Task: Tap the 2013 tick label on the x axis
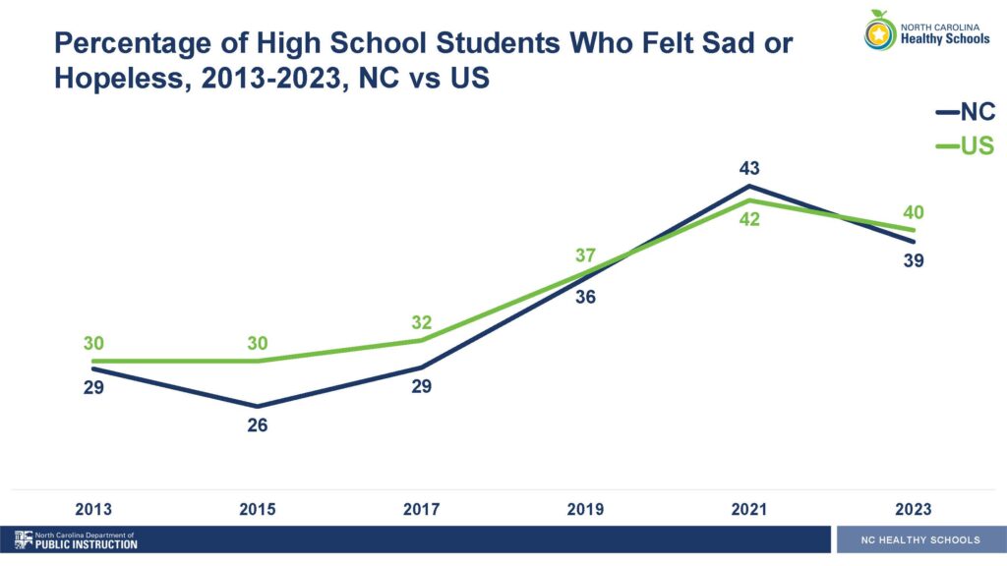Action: [93, 509]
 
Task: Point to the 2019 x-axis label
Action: [586, 509]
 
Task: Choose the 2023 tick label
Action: [914, 509]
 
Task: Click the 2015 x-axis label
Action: [258, 509]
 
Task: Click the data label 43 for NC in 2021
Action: [750, 167]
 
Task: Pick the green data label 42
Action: [750, 219]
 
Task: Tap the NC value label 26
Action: [258, 425]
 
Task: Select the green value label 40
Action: [914, 212]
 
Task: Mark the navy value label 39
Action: [914, 260]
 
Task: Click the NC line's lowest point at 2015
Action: [258, 406]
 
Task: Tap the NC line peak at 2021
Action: [750, 186]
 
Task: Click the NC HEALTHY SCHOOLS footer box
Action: [919, 539]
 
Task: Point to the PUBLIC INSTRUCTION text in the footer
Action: [87, 544]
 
